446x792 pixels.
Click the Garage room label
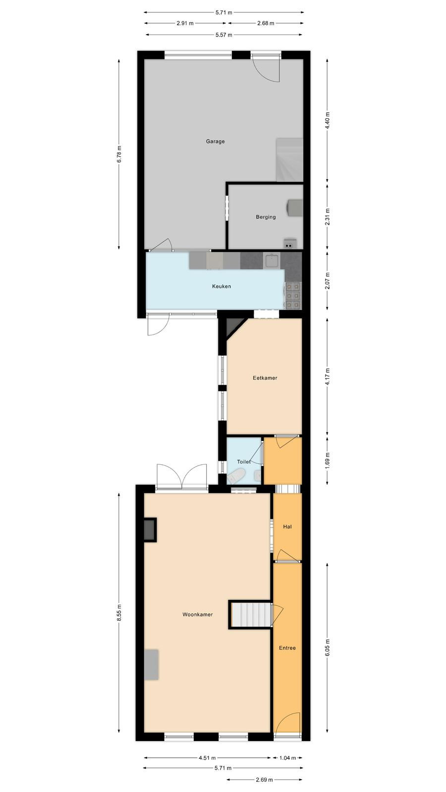click(215, 142)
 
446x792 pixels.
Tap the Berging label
click(266, 217)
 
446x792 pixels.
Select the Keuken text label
click(222, 287)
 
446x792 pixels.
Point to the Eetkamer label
click(265, 378)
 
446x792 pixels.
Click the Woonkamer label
click(198, 614)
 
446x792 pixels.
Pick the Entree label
click(287, 648)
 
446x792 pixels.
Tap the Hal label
click(287, 527)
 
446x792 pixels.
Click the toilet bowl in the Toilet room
click(237, 476)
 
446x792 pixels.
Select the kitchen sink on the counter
click(272, 260)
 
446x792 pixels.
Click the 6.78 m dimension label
click(119, 154)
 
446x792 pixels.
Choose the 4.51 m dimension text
click(208, 758)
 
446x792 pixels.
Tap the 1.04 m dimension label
click(287, 758)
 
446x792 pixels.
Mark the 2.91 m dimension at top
click(185, 24)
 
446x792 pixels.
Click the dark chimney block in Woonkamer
click(150, 529)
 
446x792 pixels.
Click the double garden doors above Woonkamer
click(181, 476)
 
